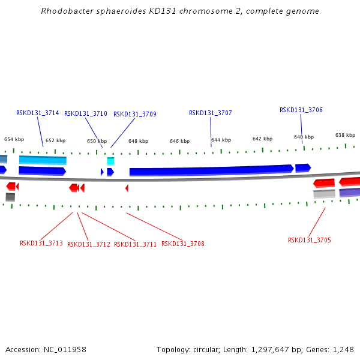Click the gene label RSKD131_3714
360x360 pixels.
tap(37, 113)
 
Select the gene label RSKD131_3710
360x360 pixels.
tap(86, 114)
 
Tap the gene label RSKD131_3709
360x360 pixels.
tap(135, 115)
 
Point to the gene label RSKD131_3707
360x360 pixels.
tap(210, 113)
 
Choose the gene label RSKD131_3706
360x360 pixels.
tap(301, 110)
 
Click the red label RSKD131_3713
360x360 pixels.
tap(41, 244)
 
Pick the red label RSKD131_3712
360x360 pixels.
tap(89, 244)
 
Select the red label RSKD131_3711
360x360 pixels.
tap(136, 244)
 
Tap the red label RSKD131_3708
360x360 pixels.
tap(183, 244)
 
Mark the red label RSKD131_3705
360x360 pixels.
tap(310, 240)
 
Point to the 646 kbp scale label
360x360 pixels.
tap(179, 142)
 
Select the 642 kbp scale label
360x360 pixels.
tap(262, 139)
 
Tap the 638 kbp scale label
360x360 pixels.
tap(345, 136)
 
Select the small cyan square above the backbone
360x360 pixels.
tap(110, 161)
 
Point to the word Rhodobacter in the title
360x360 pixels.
tap(64, 11)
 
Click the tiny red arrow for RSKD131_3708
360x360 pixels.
tap(127, 188)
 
